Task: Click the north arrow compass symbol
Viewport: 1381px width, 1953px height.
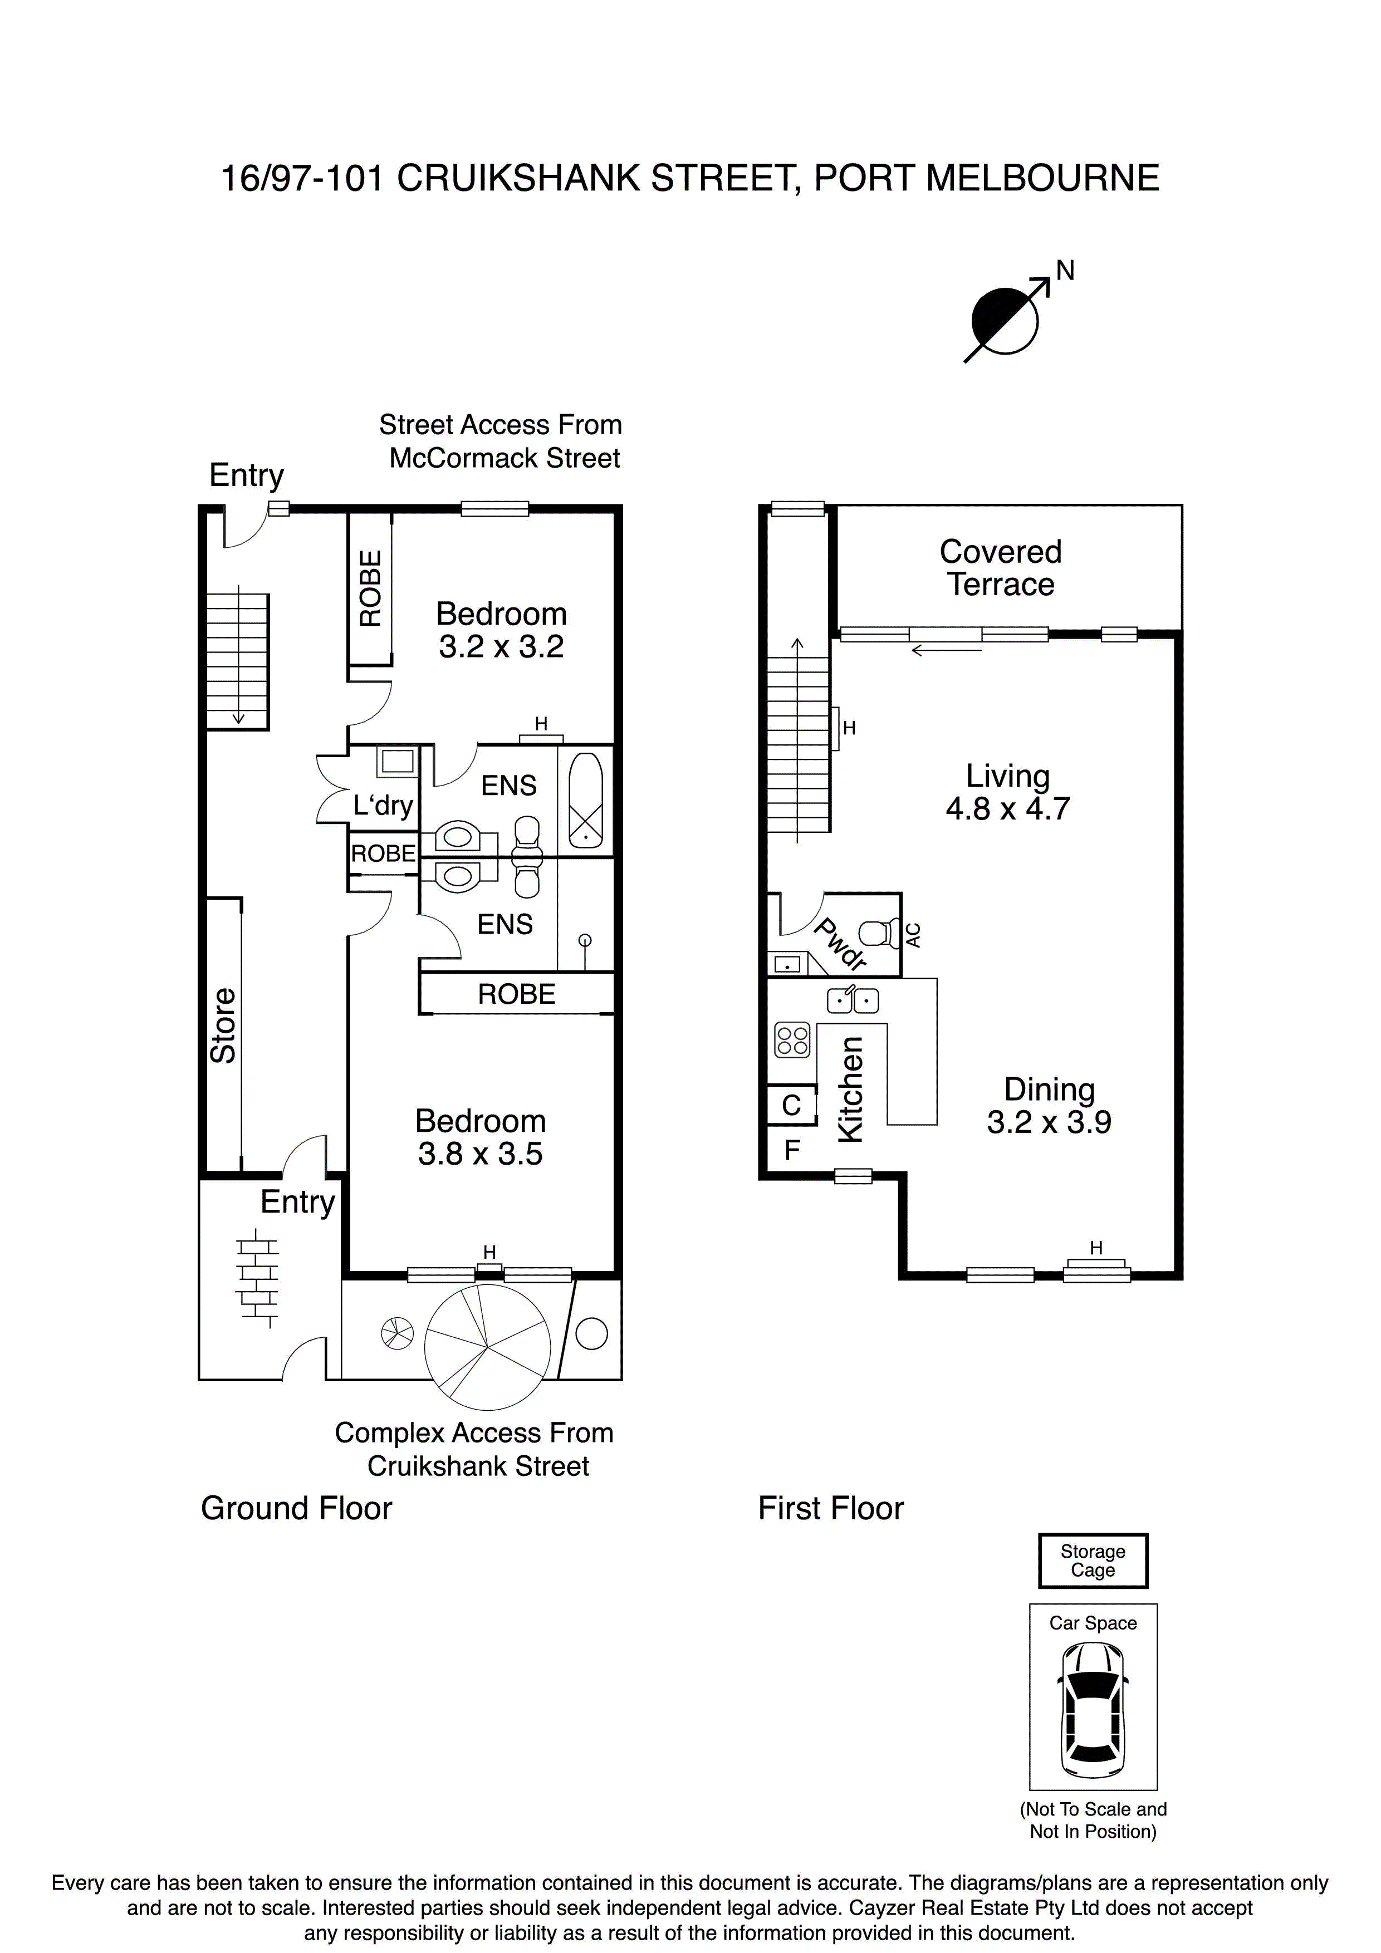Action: pos(1006,321)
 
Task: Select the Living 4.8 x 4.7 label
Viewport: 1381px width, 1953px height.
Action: pos(1007,792)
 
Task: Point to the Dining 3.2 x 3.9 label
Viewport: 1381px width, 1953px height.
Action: pos(1049,1105)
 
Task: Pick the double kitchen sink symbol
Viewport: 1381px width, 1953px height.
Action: pos(853,1000)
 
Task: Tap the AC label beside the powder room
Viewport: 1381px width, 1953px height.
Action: pos(914,935)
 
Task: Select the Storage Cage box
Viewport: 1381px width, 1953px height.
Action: pos(1093,1561)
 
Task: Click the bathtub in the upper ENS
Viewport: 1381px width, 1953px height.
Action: pos(585,799)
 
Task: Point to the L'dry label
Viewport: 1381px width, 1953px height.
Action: pos(383,804)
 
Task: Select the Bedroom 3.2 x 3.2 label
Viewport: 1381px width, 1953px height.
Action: pos(501,630)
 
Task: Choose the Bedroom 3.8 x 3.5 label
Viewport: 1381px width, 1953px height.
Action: pos(480,1137)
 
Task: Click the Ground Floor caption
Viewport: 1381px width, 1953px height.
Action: pos(296,1508)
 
